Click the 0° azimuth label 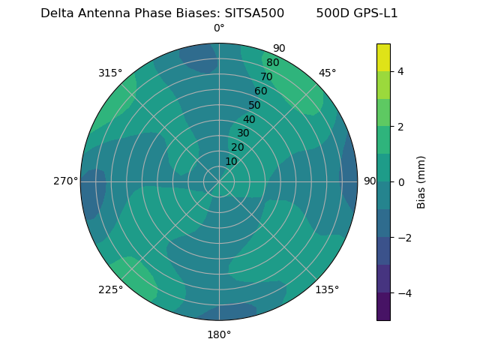[x=219, y=28]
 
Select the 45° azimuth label [x=327, y=73]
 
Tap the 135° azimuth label [x=327, y=289]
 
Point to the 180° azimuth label [x=219, y=334]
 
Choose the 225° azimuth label [x=110, y=289]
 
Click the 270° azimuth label [x=65, y=181]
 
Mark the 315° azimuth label [x=110, y=73]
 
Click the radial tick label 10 [x=231, y=161]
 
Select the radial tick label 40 [x=249, y=119]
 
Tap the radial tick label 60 [x=260, y=91]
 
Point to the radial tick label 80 [x=272, y=62]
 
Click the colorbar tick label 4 [x=401, y=71]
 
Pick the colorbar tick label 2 [x=401, y=127]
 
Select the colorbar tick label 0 [x=401, y=181]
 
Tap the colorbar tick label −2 [x=404, y=237]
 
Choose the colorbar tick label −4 [x=404, y=292]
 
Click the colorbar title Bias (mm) [x=421, y=181]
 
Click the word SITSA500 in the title [x=254, y=13]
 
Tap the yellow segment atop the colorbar [x=383, y=57]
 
